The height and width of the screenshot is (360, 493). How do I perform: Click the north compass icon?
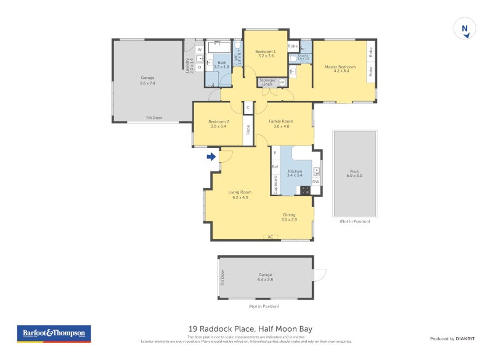point(465,29)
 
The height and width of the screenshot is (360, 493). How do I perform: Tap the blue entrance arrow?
point(211,157)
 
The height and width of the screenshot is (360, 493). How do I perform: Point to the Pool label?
point(354,173)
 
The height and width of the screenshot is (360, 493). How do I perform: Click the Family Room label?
point(280,123)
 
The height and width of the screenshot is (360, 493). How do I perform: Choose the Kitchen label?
point(295,172)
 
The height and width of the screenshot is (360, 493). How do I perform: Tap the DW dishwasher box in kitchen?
point(316,182)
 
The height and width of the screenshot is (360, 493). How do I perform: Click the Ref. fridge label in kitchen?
point(275,166)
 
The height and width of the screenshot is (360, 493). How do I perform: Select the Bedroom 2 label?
point(218,123)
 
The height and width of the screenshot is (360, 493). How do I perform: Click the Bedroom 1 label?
point(266,53)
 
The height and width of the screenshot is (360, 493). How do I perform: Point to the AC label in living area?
point(270,236)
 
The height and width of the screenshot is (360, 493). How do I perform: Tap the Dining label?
point(289,217)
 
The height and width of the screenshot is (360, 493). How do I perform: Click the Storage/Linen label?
point(266,81)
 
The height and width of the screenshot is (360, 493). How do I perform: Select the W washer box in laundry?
point(200,49)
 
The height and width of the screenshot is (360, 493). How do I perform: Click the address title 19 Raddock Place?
point(246,329)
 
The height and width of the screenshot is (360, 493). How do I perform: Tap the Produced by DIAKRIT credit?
point(455,338)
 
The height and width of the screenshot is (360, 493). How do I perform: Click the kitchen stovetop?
point(304,190)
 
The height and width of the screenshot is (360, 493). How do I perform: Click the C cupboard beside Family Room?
point(248,108)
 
